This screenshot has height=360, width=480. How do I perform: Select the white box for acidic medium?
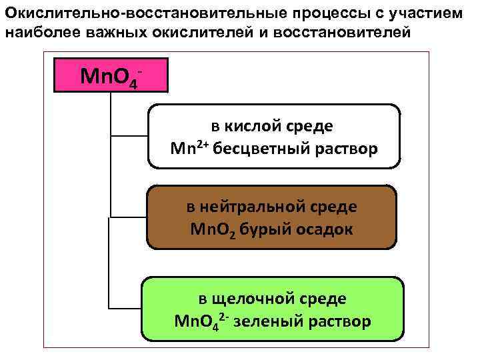[273, 136]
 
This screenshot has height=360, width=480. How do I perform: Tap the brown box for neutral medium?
[271, 217]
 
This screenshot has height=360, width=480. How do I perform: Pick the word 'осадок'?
[322, 229]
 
